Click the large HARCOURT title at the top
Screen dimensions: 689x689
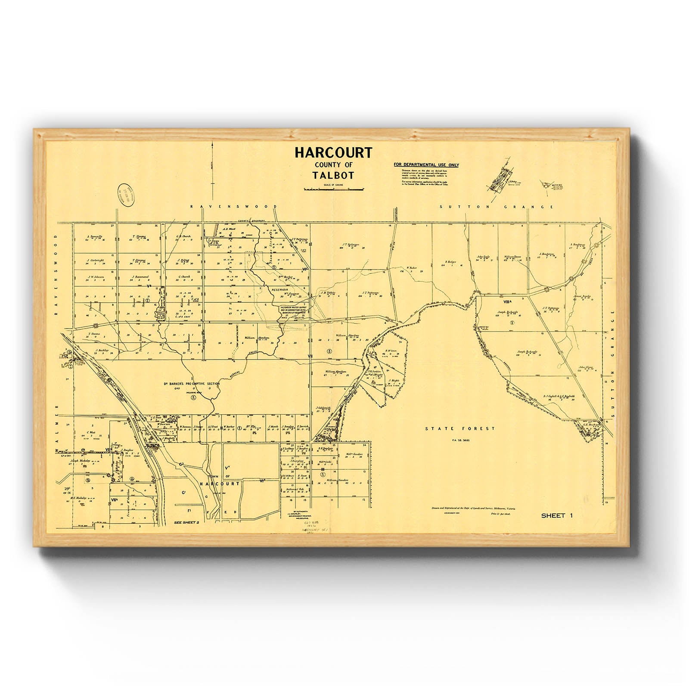click(x=333, y=153)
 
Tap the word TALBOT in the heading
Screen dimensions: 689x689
click(x=333, y=176)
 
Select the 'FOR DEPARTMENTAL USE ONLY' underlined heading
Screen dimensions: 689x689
click(x=426, y=165)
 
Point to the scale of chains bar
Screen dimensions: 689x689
click(x=334, y=189)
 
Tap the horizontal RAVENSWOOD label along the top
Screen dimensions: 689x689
click(x=233, y=207)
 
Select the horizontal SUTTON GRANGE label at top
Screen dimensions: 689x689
click(x=497, y=207)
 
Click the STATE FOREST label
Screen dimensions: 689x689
click(x=460, y=428)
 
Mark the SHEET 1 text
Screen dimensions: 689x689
click(x=557, y=515)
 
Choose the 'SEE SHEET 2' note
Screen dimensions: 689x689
click(x=186, y=522)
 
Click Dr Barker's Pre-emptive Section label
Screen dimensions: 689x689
click(x=191, y=383)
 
